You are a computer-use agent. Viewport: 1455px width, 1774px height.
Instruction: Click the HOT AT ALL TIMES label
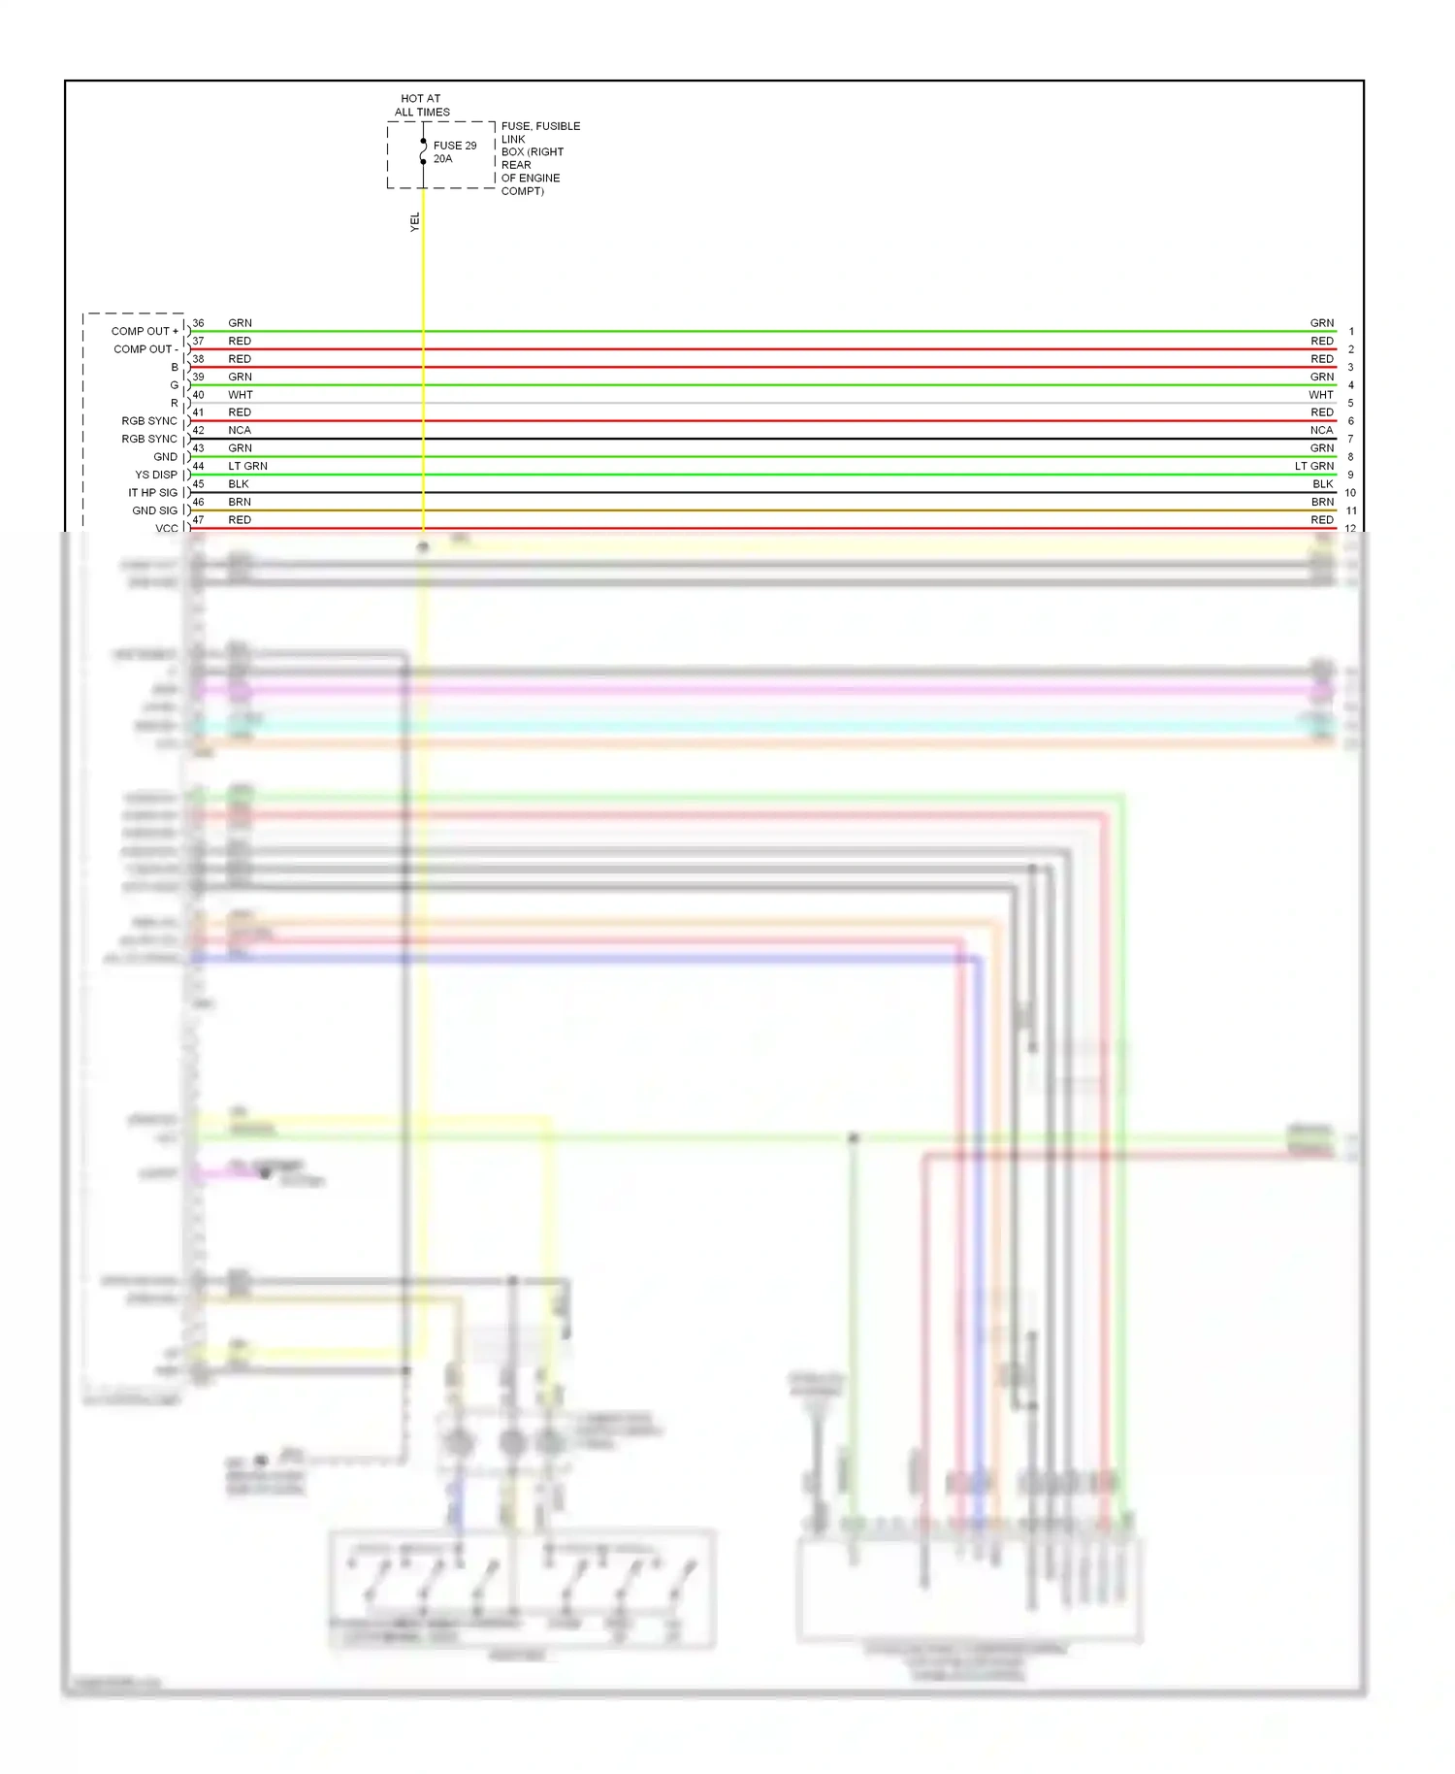point(422,105)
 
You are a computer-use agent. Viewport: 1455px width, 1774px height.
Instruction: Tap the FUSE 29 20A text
point(454,152)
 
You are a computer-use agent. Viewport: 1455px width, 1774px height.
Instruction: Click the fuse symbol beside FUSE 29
point(423,151)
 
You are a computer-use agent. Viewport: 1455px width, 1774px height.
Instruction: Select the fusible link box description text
point(539,158)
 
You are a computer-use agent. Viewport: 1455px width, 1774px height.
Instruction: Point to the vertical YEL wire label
point(415,222)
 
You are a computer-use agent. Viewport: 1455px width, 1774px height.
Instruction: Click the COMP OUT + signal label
point(145,331)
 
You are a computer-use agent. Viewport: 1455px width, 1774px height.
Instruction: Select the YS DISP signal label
point(156,475)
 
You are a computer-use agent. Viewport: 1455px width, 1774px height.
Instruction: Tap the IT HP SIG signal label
point(152,493)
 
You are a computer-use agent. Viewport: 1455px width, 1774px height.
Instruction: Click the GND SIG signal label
point(154,510)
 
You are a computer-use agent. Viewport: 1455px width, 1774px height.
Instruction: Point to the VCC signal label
point(166,529)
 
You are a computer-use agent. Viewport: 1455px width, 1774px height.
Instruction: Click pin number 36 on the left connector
point(198,323)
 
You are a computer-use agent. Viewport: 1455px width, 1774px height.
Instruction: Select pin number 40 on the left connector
point(198,395)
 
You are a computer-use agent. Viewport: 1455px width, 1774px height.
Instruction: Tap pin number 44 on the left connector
point(198,467)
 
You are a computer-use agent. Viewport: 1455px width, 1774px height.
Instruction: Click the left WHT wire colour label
point(241,395)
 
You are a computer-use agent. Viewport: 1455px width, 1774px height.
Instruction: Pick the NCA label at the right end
point(1321,431)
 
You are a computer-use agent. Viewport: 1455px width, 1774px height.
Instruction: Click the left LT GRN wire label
point(247,467)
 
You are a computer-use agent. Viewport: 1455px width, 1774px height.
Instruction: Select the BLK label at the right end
point(1322,484)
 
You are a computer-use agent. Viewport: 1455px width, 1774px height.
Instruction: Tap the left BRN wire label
point(240,503)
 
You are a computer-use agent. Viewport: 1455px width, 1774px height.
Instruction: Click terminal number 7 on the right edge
point(1350,440)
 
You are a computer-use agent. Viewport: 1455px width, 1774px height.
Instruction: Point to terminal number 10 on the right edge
point(1350,493)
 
